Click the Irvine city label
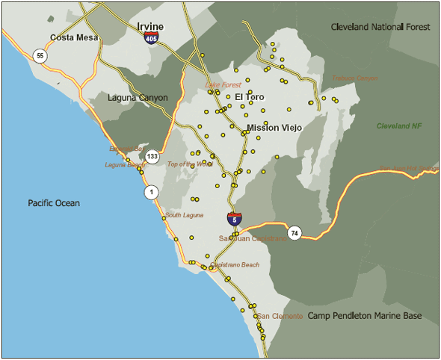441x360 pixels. point(150,27)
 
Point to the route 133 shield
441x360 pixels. point(152,157)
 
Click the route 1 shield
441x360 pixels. point(151,193)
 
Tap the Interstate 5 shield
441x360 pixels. point(234,219)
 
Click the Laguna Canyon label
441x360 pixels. point(138,98)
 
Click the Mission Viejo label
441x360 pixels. point(274,128)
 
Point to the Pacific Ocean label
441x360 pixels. point(54,203)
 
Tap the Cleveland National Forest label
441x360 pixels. point(380,27)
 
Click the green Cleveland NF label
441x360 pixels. point(399,126)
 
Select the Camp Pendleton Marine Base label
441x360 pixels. point(365,316)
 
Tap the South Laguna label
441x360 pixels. point(184,215)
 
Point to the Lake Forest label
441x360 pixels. point(223,85)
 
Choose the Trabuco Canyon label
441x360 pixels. point(355,78)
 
